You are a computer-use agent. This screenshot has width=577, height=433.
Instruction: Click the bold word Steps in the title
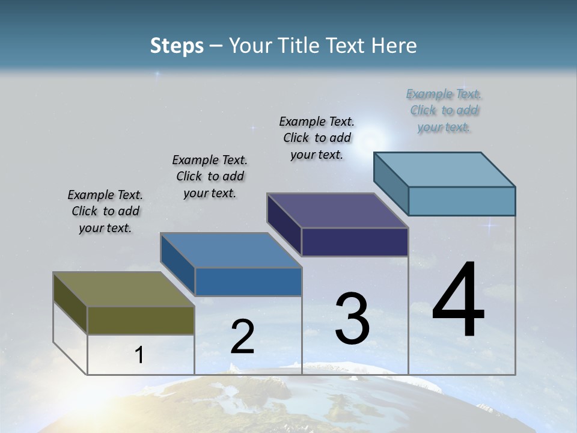point(177,46)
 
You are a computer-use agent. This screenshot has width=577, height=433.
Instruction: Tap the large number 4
point(458,301)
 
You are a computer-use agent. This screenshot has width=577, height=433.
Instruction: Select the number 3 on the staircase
point(352,319)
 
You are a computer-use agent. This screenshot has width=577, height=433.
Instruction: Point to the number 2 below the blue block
point(242,337)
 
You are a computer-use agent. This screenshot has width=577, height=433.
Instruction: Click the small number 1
point(139,355)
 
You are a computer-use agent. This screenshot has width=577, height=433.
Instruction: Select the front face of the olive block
point(141,320)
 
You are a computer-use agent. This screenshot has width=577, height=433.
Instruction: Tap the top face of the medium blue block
point(230,250)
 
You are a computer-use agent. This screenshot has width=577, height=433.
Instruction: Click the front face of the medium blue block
point(248,281)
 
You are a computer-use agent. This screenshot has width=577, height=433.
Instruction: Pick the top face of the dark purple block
point(337,210)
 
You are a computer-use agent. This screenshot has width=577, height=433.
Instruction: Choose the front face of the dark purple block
point(355,242)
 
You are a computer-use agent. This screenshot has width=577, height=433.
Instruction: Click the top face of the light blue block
point(444,169)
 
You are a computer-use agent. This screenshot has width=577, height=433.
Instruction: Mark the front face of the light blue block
point(462,201)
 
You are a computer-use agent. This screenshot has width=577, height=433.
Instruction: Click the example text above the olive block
point(105,211)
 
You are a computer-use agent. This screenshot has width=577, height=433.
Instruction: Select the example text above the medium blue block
point(210,176)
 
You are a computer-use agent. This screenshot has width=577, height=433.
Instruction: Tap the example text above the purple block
point(317,138)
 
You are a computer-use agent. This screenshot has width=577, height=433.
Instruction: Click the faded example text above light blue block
point(444,110)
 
